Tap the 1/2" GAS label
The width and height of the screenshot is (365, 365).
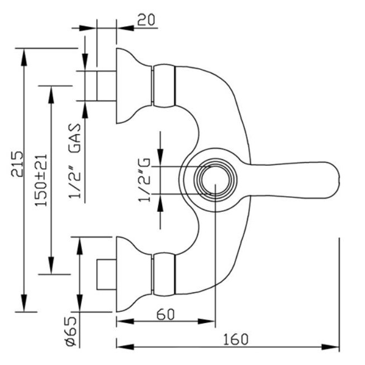click(75, 162)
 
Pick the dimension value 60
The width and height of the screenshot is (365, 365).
click(165, 314)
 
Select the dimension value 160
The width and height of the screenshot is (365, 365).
click(235, 339)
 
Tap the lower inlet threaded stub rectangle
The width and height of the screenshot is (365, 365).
click(106, 274)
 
